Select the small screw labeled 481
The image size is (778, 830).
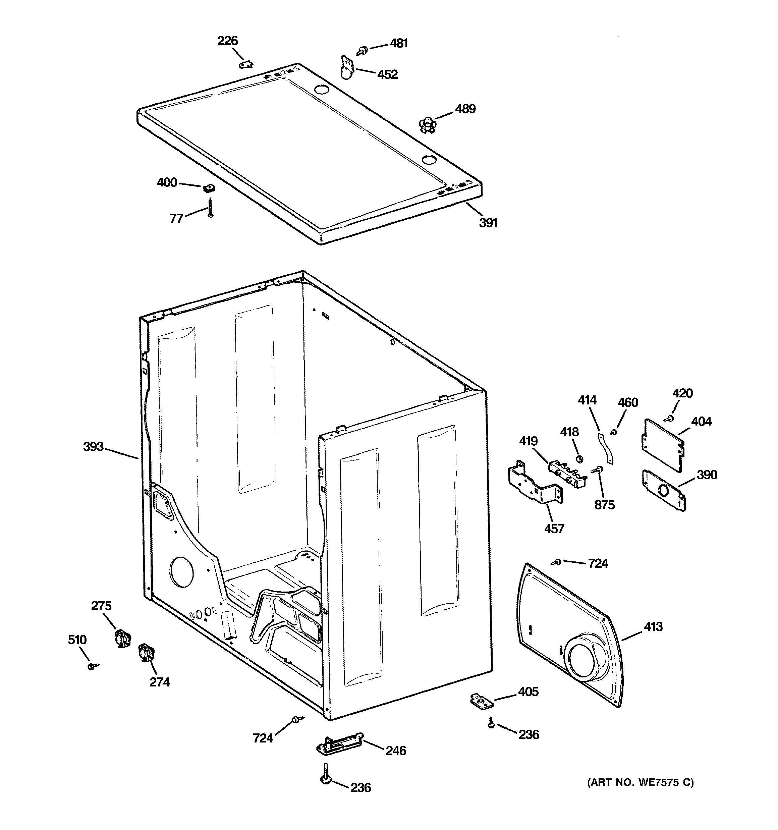click(362, 51)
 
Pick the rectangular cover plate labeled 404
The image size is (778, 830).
click(662, 445)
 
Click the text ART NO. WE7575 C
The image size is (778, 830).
click(640, 782)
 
